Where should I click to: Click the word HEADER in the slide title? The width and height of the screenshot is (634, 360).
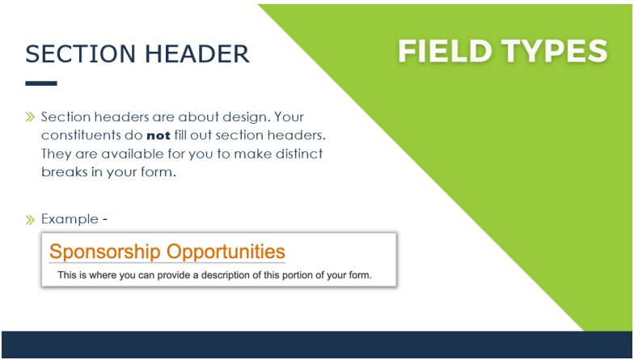pyautogui.click(x=197, y=53)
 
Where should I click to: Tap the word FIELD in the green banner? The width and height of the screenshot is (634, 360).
pyautogui.click(x=445, y=51)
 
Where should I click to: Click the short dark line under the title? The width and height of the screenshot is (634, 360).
pyautogui.click(x=41, y=83)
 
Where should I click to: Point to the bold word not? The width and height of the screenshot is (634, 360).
pyautogui.click(x=158, y=136)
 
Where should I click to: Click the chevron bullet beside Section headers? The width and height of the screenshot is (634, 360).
pyautogui.click(x=30, y=117)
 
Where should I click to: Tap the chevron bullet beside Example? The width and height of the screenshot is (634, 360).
pyautogui.click(x=30, y=220)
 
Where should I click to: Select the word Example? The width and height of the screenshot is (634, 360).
pyautogui.click(x=70, y=219)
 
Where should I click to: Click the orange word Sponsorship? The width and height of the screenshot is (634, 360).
pyautogui.click(x=105, y=252)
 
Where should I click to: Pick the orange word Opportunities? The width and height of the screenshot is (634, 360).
pyautogui.click(x=226, y=252)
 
